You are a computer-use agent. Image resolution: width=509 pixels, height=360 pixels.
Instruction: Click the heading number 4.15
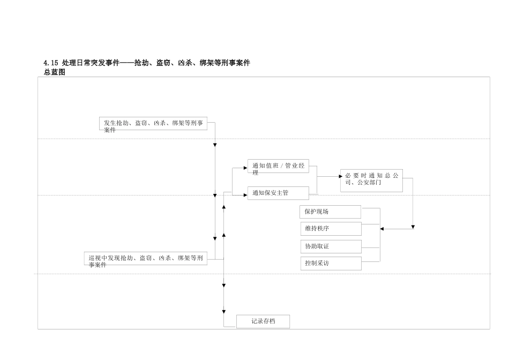pos(51,63)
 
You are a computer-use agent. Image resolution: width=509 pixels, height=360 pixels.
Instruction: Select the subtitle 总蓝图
pos(54,72)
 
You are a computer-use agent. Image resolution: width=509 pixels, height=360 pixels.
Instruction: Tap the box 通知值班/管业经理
pos(278,167)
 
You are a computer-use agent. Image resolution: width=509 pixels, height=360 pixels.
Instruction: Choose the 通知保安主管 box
pos(278,193)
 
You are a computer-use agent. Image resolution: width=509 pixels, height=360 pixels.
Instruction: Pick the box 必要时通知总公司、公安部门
pos(371,180)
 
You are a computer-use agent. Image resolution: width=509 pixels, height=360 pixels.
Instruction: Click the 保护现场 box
pos(330,212)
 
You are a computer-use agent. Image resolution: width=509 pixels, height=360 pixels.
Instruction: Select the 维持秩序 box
pos(331,229)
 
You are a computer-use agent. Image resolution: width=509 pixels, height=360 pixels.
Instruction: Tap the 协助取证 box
pos(331,246)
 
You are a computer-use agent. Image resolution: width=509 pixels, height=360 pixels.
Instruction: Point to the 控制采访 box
pos(331,264)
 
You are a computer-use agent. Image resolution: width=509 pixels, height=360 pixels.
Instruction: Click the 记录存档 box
pos(263,321)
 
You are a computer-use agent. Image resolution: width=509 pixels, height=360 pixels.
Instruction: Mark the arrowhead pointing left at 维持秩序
pos(382,229)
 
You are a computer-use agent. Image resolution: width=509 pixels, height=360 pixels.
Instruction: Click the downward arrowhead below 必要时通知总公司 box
pos(413,227)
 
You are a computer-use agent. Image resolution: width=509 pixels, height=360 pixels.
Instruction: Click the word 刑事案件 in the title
pos(236,63)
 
